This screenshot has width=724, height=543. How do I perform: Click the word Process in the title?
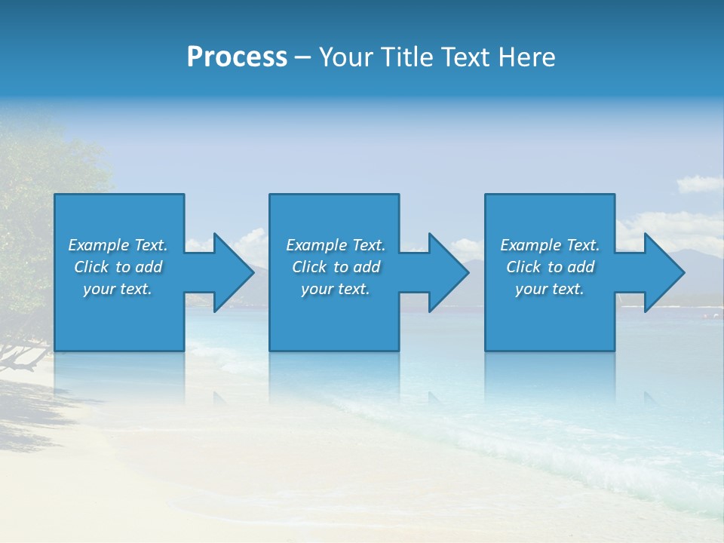pos(237,57)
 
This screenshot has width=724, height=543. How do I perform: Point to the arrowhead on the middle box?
pos(447,272)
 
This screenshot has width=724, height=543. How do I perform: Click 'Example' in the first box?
pos(99,245)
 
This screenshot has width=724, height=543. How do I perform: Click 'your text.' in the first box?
pos(118,289)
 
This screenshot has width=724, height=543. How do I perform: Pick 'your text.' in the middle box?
pos(336,289)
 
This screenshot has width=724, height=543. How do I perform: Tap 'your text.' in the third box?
pos(550,289)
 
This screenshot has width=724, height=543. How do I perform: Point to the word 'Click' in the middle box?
pos(309,267)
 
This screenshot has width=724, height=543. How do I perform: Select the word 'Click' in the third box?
pos(523,267)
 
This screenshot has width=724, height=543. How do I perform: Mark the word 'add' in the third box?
pos(581,267)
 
